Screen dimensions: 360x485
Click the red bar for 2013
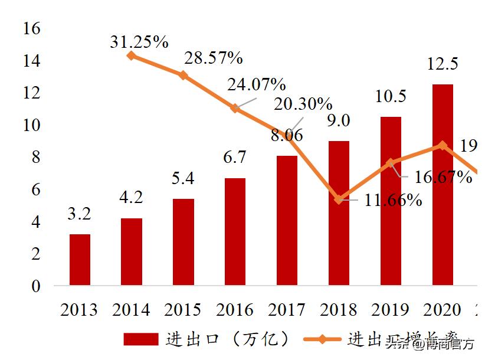[80, 260]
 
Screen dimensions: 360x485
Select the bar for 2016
[235, 231]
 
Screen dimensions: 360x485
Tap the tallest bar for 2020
[443, 185]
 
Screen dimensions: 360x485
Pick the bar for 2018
[339, 213]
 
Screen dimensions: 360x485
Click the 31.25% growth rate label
[139, 42]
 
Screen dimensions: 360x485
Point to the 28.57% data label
[214, 58]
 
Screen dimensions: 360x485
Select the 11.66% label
[393, 201]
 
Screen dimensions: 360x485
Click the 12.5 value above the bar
[443, 64]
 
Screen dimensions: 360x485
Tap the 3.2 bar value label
[79, 214]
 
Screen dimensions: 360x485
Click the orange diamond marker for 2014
[131, 55]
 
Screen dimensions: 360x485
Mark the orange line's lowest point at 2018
[339, 199]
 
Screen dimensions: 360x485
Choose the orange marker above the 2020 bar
[443, 145]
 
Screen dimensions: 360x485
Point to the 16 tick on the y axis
[30, 28]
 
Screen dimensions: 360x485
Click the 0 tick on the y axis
[35, 286]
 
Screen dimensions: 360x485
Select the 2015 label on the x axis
[183, 310]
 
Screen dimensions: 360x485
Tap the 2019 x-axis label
[390, 310]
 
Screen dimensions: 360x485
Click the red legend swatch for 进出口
[140, 339]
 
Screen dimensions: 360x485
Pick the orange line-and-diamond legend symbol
[322, 339]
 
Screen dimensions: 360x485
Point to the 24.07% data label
[256, 84]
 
